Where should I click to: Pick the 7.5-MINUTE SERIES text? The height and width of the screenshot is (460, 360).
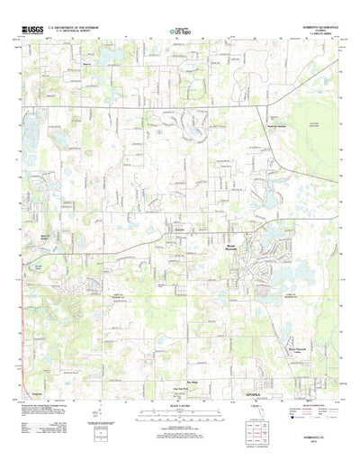pos(325,37)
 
